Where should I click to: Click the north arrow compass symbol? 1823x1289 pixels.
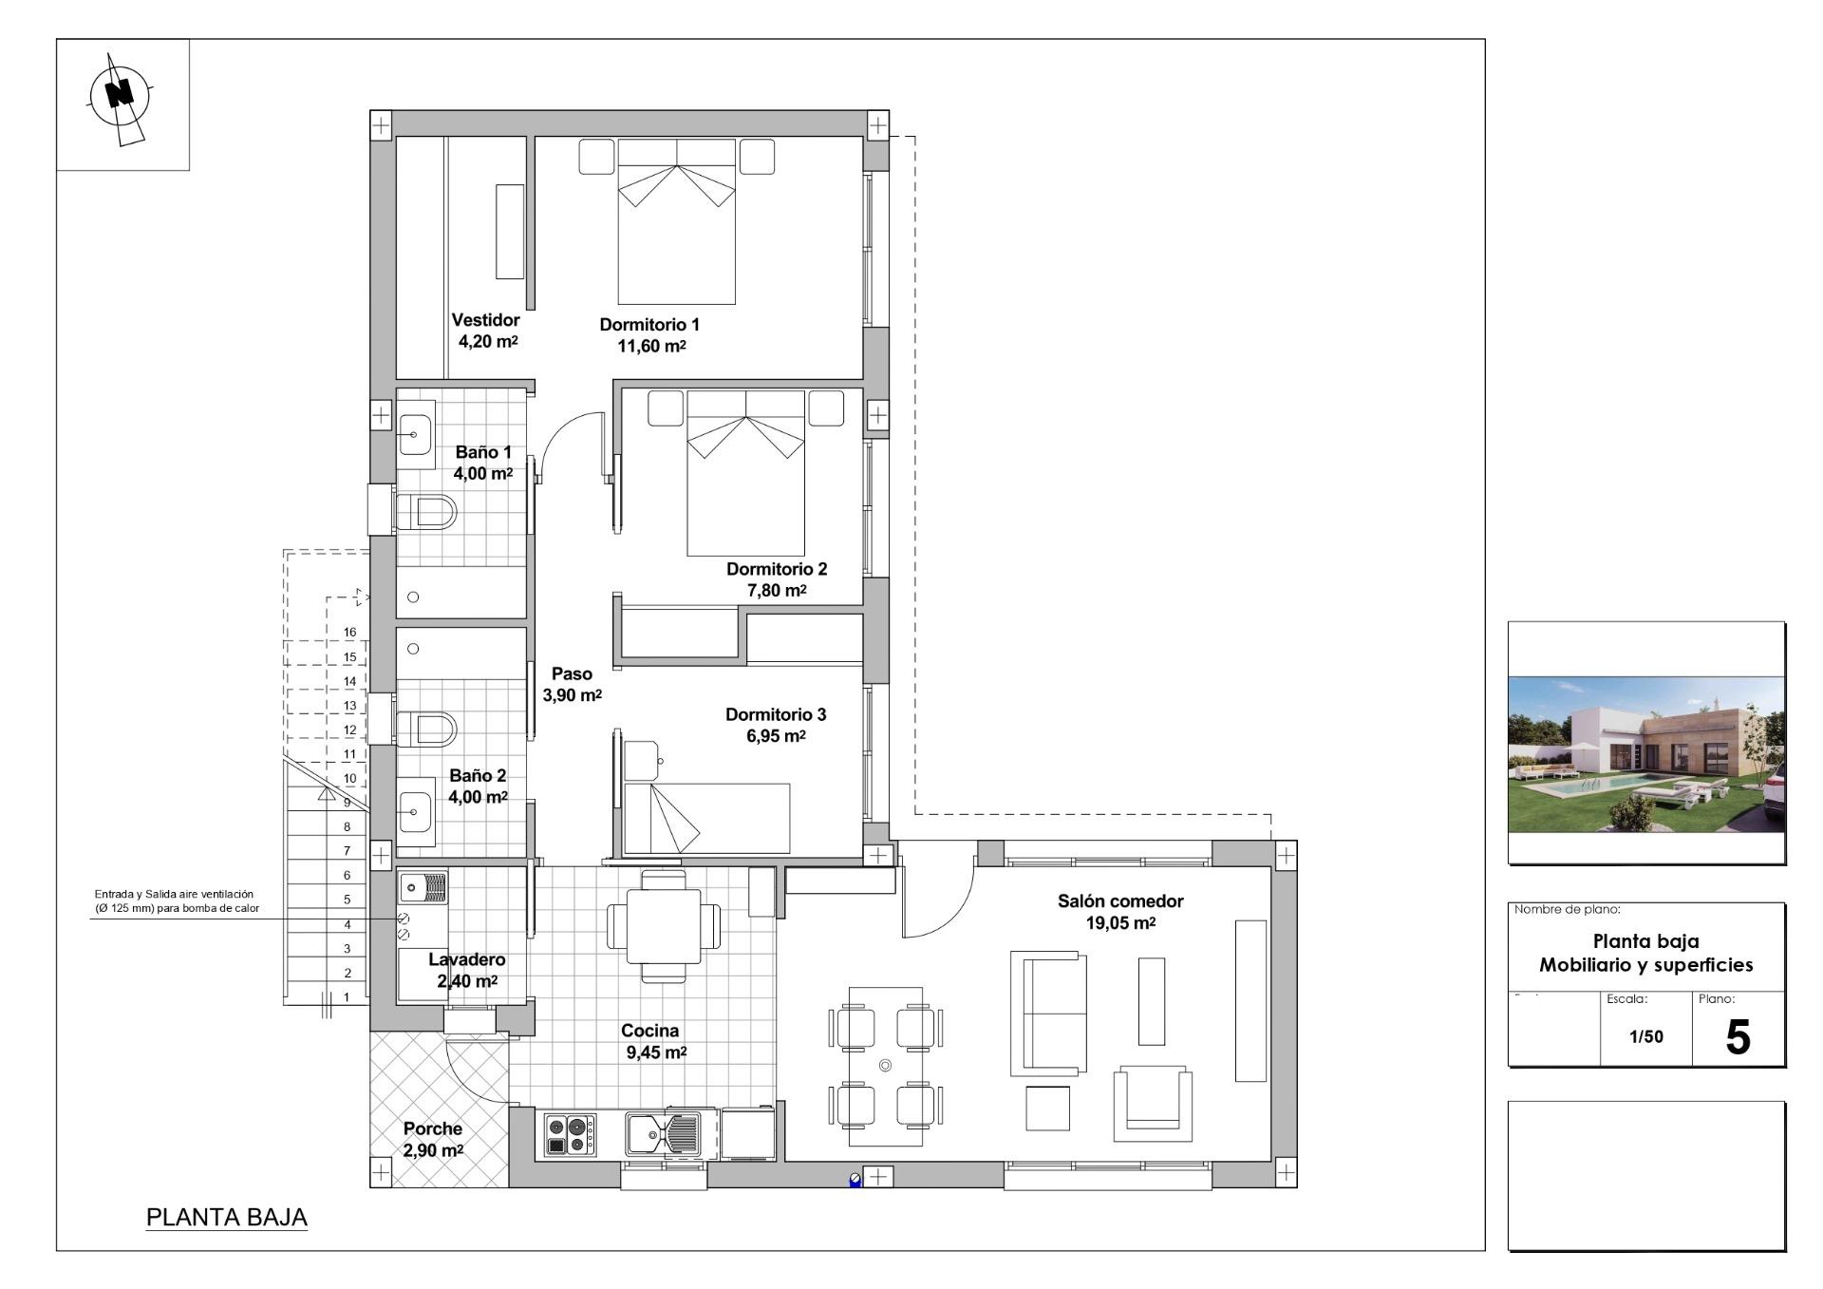[121, 95]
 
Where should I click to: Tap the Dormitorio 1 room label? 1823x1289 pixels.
[649, 325]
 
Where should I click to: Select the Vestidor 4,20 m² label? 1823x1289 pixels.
[486, 331]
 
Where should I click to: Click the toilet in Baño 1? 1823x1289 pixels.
[426, 512]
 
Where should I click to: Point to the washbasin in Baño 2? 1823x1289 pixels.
[415, 812]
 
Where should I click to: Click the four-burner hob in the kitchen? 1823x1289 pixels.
[570, 1134]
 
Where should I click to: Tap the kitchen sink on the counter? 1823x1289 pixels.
[664, 1132]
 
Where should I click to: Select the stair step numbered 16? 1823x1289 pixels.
[349, 633]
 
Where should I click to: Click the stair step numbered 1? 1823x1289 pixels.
[347, 997]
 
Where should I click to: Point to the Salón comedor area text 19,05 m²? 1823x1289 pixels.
[1120, 923]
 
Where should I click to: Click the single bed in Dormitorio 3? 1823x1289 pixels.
[707, 817]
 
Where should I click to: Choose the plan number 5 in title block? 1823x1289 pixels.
[1737, 1037]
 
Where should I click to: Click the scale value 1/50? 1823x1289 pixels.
[1646, 1036]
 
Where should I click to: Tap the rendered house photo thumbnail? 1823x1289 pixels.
[1645, 752]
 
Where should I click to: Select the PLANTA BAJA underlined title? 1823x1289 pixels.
[227, 1218]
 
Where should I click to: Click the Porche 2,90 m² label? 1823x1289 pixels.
[433, 1139]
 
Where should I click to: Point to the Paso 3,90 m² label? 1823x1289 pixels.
[572, 684]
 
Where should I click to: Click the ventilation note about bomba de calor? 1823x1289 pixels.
[177, 901]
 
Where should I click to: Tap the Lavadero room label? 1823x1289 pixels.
[466, 960]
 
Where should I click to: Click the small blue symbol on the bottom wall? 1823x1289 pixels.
[855, 1181]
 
